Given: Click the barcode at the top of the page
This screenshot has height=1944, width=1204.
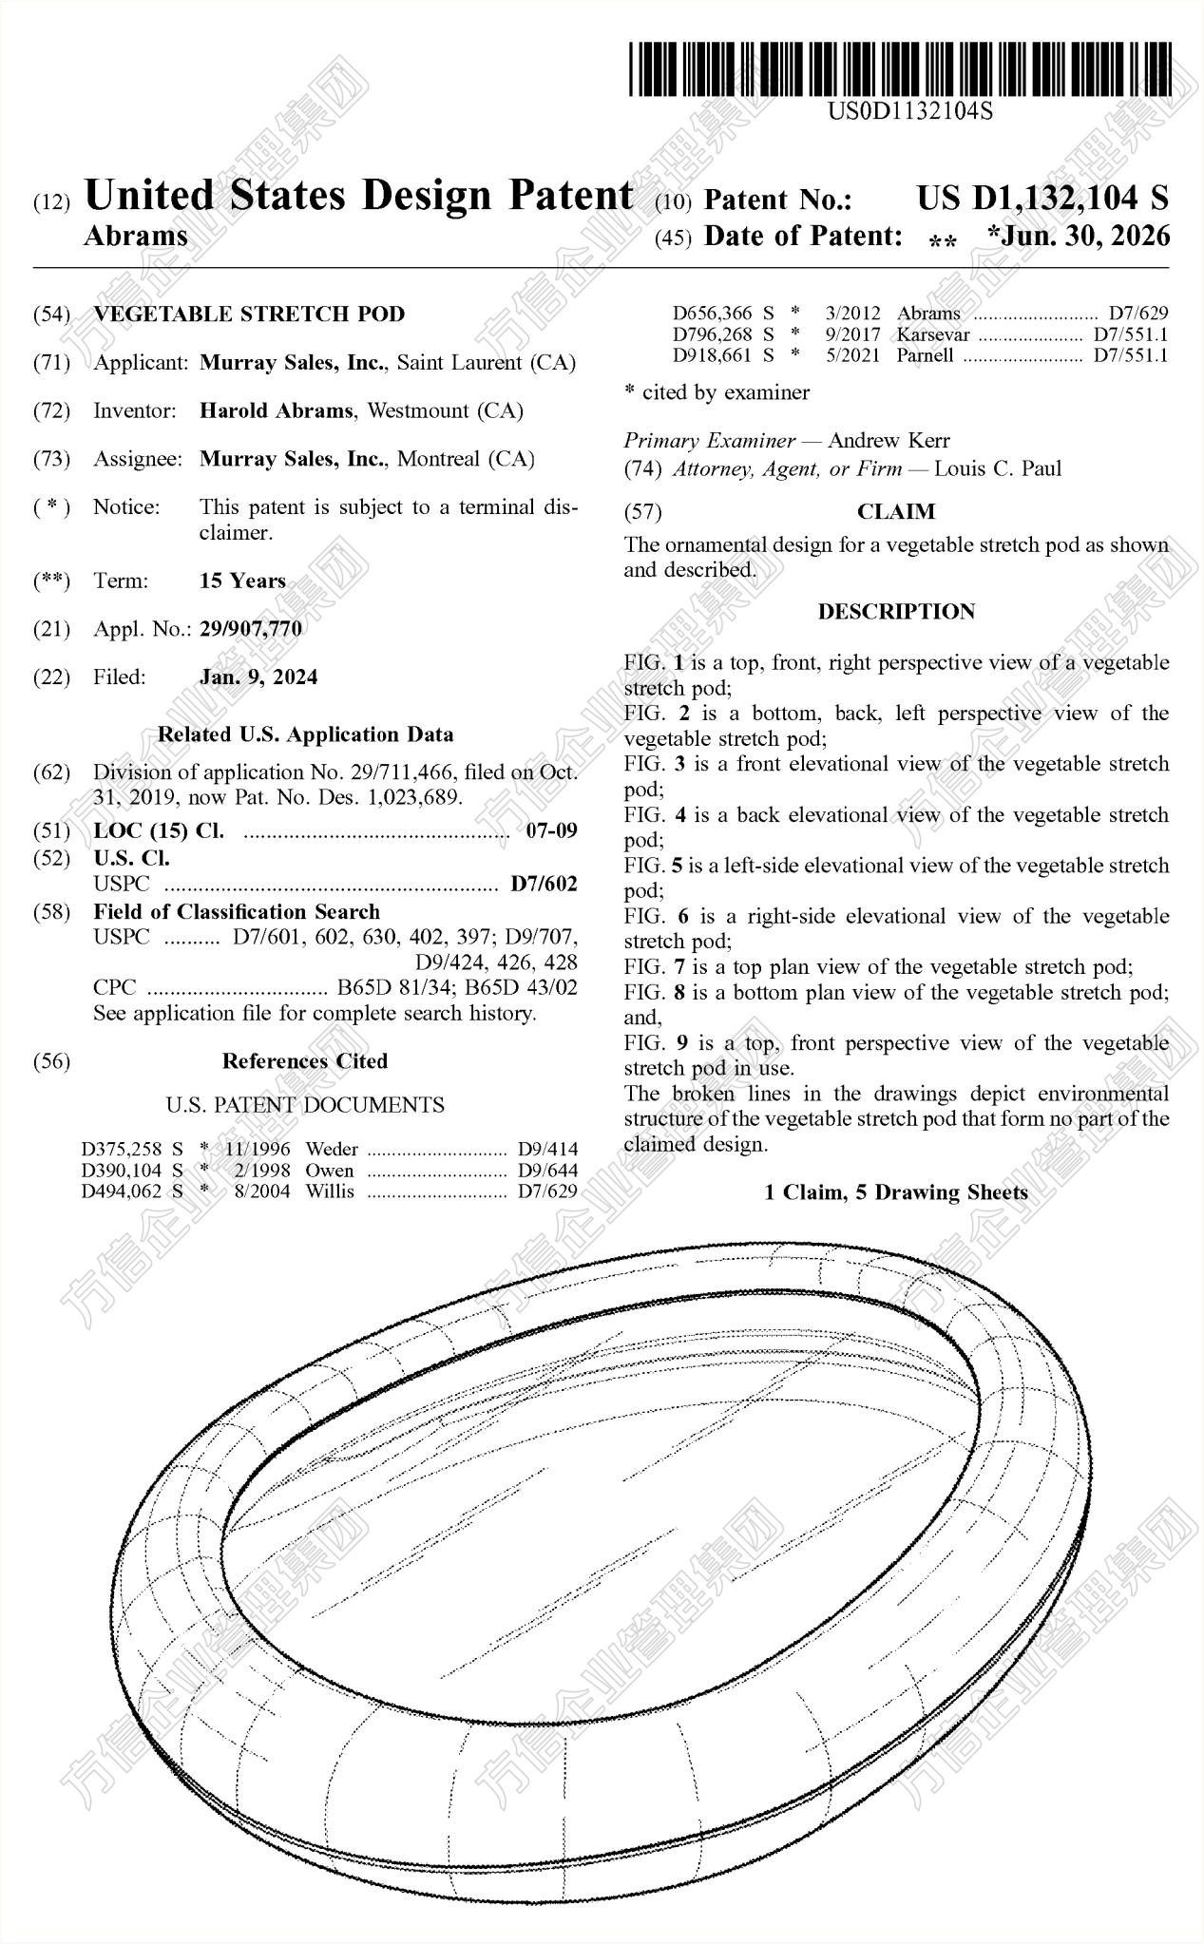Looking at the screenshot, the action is coord(899,68).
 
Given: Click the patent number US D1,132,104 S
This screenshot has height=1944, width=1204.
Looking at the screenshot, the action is coord(1042,198).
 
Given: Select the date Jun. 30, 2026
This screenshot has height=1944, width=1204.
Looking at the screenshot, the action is coord(1085,236).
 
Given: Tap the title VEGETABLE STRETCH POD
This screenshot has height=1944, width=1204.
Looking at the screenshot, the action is coord(249,314).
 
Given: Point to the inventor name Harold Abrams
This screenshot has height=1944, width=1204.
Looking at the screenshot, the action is coord(277,411).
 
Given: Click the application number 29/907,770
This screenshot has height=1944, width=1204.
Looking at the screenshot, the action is coord(251,629).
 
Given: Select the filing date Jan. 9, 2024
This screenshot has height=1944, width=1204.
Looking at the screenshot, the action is coord(258,677).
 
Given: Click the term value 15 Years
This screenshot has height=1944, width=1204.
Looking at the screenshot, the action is coord(242,581).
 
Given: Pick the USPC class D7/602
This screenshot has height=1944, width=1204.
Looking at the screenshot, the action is coord(544,885).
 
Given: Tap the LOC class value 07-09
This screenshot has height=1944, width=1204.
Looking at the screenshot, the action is coord(551,830).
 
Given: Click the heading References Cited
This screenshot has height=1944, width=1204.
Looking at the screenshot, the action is coord(305,1061).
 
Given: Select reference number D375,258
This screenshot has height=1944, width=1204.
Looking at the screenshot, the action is coord(122,1149).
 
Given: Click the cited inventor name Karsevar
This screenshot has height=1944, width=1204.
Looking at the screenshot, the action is coord(933,335).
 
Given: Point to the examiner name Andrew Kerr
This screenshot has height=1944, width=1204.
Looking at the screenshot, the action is coord(889,441).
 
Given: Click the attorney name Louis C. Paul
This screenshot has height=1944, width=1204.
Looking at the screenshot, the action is coord(998,468).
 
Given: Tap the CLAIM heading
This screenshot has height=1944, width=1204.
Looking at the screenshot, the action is coord(896,512).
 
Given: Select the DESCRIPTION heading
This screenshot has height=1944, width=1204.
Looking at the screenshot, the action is coord(896,612).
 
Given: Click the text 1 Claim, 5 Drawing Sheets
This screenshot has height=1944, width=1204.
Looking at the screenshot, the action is coord(896,1192).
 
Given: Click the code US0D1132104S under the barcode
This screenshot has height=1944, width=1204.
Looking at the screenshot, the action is coord(909,111).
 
